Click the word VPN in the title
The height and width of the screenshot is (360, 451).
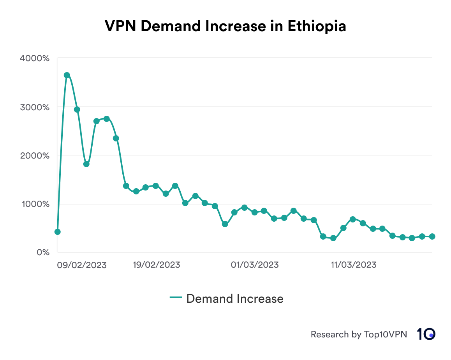click(121, 26)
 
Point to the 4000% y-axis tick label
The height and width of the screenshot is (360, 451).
click(35, 58)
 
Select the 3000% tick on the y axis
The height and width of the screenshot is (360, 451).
click(35, 107)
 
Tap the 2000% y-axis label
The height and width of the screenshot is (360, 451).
click(35, 156)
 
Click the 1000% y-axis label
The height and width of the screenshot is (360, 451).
click(35, 204)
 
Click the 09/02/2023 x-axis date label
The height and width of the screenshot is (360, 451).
click(82, 265)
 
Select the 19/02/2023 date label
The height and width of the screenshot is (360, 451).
click(156, 265)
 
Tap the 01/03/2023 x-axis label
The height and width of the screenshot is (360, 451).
click(255, 265)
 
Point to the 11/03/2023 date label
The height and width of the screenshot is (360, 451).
click(353, 265)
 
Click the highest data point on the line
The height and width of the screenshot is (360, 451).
click(67, 75)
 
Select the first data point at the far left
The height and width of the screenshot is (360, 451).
click(58, 232)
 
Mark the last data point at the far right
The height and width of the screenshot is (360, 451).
click(432, 236)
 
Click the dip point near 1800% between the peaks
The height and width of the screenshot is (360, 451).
click(86, 164)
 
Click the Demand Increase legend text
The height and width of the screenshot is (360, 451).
click(235, 298)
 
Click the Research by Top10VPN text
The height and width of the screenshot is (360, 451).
click(359, 334)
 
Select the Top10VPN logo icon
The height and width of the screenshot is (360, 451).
click(426, 334)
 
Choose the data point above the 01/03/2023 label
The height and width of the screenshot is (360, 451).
click(254, 212)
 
